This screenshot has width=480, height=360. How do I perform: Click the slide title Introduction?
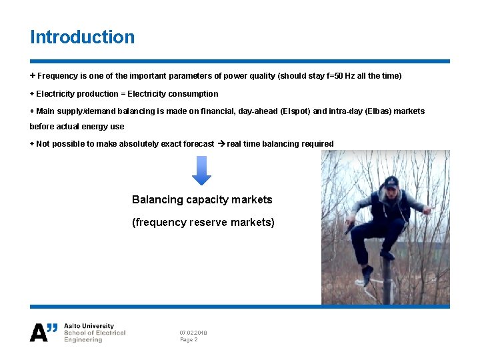[82, 37]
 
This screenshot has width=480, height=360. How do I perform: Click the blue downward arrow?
[201, 171]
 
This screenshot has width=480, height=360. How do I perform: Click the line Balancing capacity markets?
[202, 200]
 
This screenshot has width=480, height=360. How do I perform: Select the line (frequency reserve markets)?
[203, 223]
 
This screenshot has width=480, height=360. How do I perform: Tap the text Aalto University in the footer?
[89, 326]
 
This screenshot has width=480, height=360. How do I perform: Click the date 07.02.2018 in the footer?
[193, 333]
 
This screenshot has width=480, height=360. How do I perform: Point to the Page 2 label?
[189, 340]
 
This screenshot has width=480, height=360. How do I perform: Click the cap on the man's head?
[391, 182]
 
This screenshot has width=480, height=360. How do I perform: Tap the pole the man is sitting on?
[386, 280]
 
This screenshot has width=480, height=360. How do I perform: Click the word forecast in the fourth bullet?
[198, 144]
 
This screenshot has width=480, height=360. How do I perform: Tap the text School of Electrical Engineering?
[94, 336]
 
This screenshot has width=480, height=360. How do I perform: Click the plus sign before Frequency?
[33, 76]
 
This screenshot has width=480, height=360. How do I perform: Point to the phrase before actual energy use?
[77, 127]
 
